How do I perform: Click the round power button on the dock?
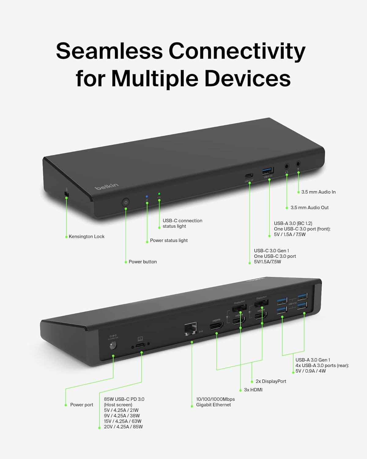point(126,203)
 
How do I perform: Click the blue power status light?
point(147,196)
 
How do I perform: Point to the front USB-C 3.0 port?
point(249,176)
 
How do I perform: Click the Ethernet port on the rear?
point(191,329)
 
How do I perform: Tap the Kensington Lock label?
point(86,237)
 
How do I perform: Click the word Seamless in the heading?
point(109,51)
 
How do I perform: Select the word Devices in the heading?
point(247,78)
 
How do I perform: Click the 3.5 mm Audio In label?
point(318,192)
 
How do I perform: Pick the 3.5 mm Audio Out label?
point(310,208)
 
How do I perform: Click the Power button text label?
point(143,262)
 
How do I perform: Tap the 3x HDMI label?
point(253,390)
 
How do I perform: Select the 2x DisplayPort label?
point(271,381)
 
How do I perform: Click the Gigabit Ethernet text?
point(213,405)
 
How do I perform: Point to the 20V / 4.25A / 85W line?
point(123,427)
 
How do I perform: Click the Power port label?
point(82,405)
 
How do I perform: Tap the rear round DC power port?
point(113,346)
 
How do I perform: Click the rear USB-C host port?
point(140,346)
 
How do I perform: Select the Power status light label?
point(169,241)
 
